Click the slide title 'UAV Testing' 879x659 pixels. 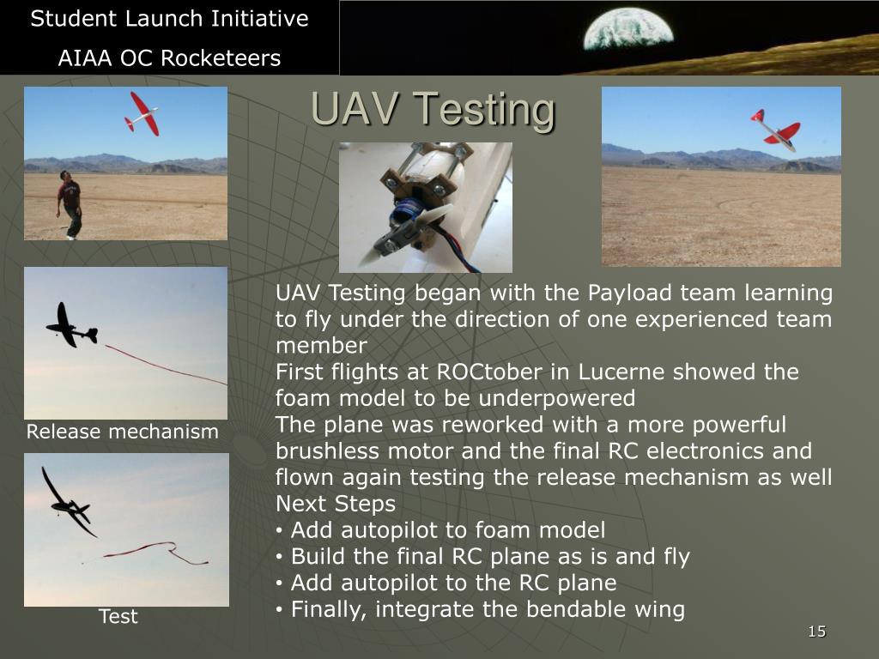pyautogui.click(x=433, y=110)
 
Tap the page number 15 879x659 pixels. pyautogui.click(x=816, y=632)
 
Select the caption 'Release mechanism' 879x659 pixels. pyautogui.click(x=122, y=432)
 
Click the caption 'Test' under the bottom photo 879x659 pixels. pyautogui.click(x=118, y=616)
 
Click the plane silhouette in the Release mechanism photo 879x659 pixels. pyautogui.click(x=70, y=326)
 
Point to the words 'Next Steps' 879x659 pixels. pyautogui.click(x=336, y=504)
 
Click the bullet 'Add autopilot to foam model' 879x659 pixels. pyautogui.click(x=447, y=530)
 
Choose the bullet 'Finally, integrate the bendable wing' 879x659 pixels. pyautogui.click(x=487, y=610)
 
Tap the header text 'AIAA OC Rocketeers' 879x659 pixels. pyautogui.click(x=169, y=58)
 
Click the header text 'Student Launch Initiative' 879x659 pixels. pyautogui.click(x=169, y=19)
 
